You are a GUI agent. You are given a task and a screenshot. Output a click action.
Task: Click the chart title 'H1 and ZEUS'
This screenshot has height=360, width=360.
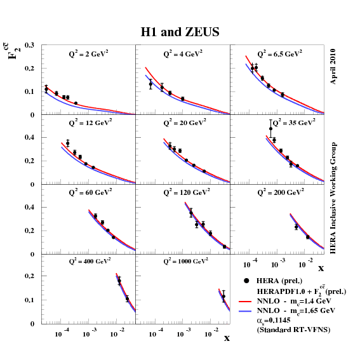(x=180, y=32)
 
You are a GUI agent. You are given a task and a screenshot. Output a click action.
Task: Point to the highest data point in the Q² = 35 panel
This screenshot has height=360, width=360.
(x=271, y=129)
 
